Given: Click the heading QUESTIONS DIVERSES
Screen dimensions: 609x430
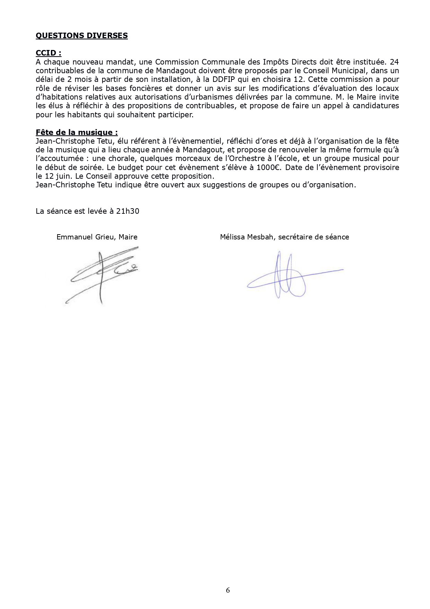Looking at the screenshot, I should (x=82, y=35).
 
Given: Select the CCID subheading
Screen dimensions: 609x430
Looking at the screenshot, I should (x=49, y=53).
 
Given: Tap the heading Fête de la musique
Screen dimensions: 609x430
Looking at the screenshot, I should (x=77, y=132).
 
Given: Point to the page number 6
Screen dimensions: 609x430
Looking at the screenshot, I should (x=228, y=590).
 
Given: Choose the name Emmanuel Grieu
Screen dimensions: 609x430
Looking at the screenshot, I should (x=87, y=237).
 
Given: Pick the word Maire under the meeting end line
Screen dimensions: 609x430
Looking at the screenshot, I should (x=128, y=237).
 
